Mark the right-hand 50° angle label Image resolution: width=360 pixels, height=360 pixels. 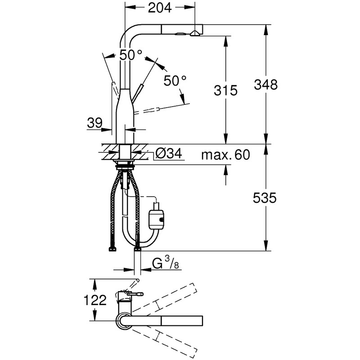click(x=175, y=81)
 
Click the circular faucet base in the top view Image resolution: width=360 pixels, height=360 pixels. click(x=124, y=320)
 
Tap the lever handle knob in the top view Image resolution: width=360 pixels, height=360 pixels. click(x=135, y=282)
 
